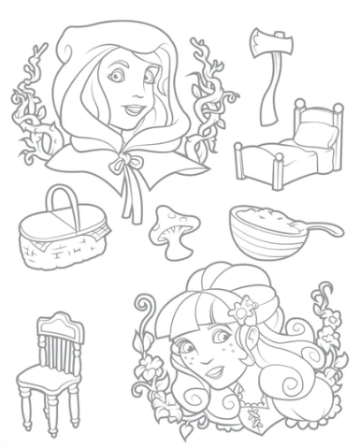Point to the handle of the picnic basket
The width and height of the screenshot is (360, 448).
[63, 200]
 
